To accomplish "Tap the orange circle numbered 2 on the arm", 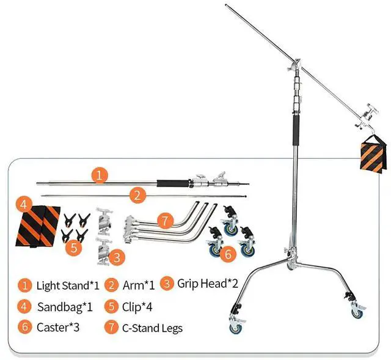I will (138, 196).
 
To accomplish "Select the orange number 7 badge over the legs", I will (165, 219).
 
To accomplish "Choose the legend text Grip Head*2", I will (207, 284).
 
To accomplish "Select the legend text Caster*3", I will (57, 327).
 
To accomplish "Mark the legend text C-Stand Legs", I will (152, 328).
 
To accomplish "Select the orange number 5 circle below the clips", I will (73, 247).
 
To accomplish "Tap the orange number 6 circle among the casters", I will (227, 254).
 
